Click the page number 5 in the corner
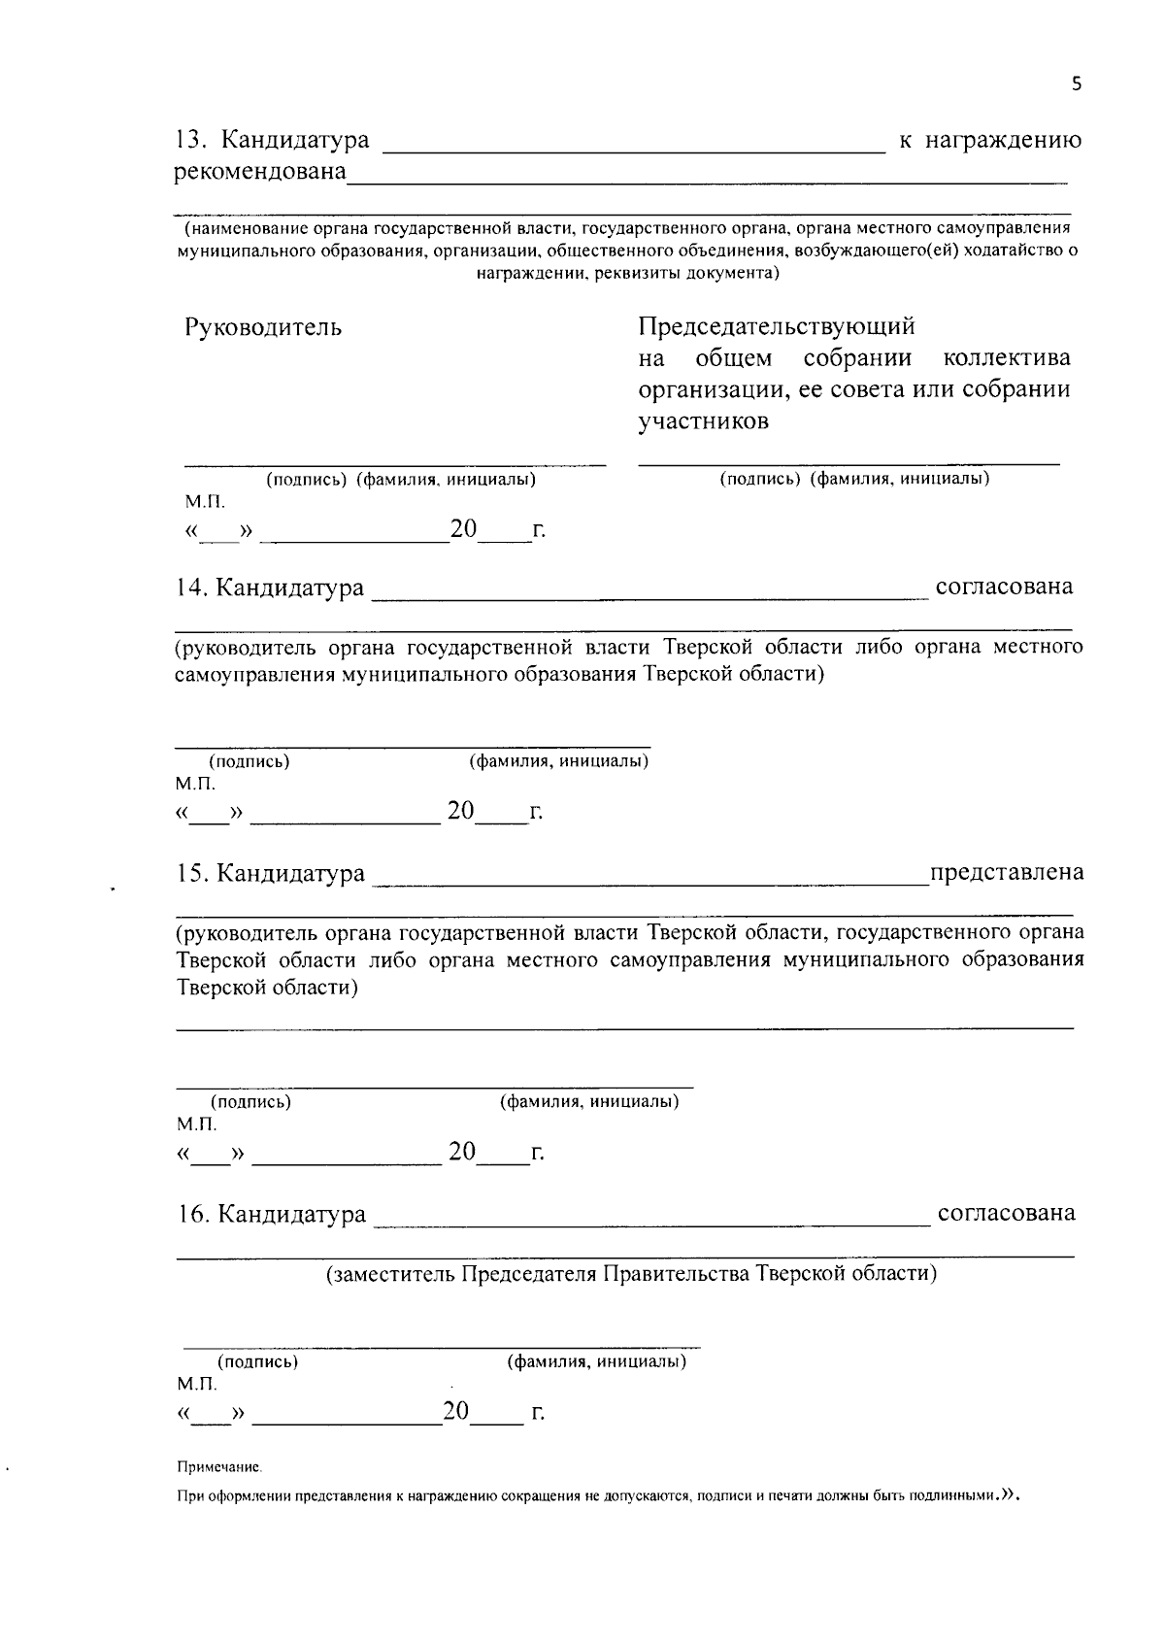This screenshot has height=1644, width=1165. click(1076, 84)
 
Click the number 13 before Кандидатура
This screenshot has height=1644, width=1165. click(188, 140)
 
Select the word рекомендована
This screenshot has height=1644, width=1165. click(260, 172)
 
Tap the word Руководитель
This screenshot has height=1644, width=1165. click(263, 327)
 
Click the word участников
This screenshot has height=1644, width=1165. click(703, 421)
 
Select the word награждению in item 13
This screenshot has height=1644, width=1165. click(1004, 140)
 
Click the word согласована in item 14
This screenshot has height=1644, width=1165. click(1004, 587)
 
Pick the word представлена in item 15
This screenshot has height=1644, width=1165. click(1007, 873)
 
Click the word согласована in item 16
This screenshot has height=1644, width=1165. click(1006, 1214)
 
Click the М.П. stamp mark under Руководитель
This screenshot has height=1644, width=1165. click(205, 503)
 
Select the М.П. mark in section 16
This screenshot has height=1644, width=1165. click(197, 1384)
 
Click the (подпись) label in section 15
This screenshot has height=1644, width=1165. click(250, 1102)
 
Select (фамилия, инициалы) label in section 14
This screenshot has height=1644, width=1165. click(559, 761)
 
